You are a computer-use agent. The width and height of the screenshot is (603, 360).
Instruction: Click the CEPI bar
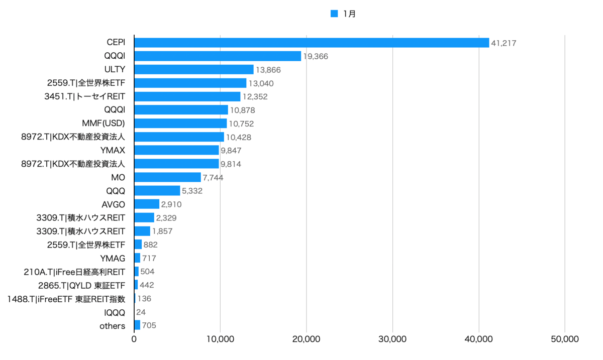(x=312, y=43)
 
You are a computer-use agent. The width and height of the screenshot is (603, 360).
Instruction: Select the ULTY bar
(x=194, y=69)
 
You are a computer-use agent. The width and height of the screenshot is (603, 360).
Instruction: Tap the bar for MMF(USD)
(x=180, y=123)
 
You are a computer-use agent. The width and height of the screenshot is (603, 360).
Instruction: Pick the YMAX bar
(x=176, y=150)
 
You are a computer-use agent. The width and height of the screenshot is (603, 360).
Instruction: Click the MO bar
(x=168, y=177)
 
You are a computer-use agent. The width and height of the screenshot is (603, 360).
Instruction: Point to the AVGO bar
(x=147, y=204)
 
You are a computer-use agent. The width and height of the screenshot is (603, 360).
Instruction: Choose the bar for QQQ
(x=157, y=190)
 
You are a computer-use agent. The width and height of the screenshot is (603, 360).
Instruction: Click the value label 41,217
(x=504, y=43)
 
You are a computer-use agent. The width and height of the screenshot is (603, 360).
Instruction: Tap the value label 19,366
(x=316, y=57)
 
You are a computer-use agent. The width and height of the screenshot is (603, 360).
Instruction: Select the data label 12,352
(x=255, y=97)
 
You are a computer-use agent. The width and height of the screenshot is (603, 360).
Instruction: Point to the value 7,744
(x=213, y=178)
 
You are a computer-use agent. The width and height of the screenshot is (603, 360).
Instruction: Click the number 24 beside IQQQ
(x=141, y=312)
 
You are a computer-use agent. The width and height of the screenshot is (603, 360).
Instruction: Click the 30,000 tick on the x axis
(x=392, y=339)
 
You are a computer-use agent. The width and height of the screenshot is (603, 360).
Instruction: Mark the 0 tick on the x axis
(x=134, y=339)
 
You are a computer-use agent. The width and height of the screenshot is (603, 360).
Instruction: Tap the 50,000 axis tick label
(x=564, y=339)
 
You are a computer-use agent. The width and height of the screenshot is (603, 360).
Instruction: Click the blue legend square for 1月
(x=334, y=14)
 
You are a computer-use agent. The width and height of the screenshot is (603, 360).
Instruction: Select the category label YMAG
(x=113, y=258)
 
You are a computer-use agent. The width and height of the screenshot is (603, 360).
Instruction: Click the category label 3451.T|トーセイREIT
(x=85, y=96)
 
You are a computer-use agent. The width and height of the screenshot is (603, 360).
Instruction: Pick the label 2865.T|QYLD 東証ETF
(x=81, y=285)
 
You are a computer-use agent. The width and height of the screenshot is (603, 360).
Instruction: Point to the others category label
(x=112, y=326)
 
